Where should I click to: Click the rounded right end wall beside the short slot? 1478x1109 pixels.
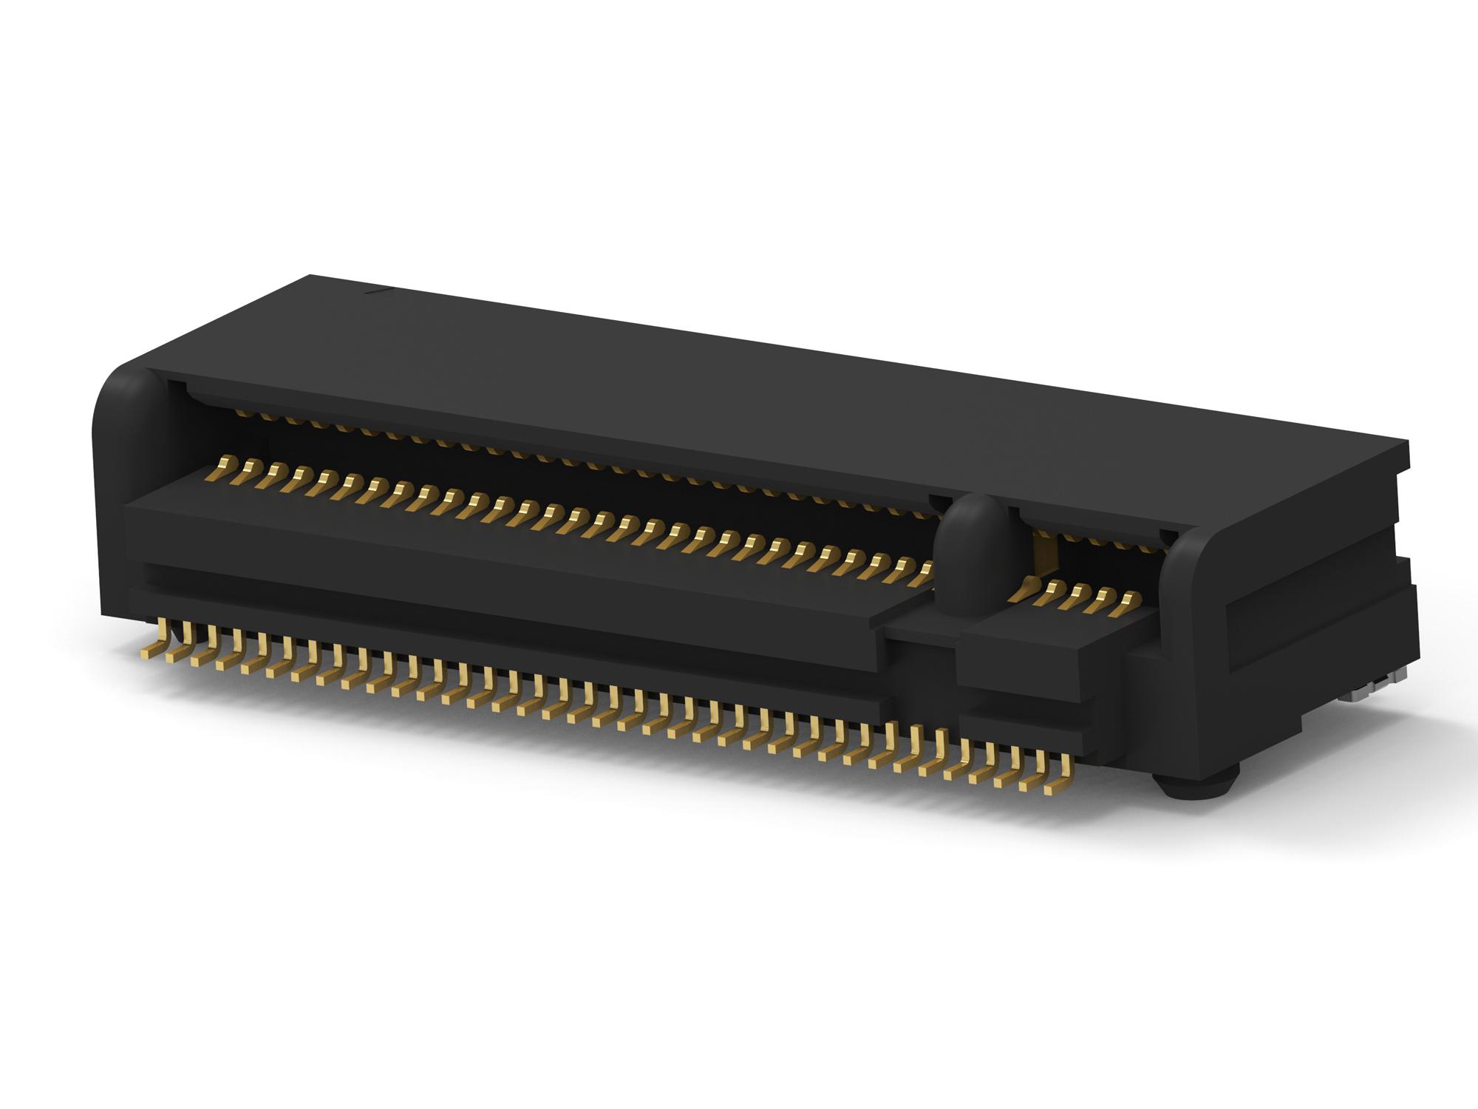point(1197,584)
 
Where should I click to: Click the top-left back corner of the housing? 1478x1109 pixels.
point(309,275)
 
